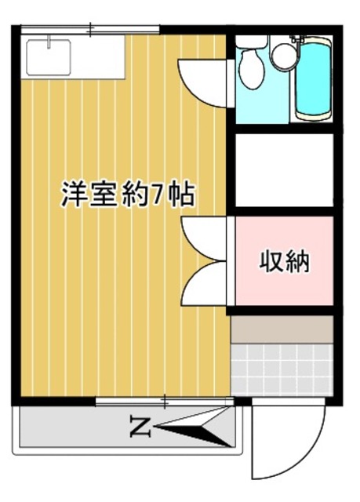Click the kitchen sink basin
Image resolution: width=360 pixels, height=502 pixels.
pyautogui.click(x=49, y=56)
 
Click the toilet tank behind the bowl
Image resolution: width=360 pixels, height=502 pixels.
pyautogui.click(x=251, y=42)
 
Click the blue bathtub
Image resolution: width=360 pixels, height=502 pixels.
pyautogui.click(x=316, y=78)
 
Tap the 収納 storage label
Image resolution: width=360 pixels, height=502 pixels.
pyautogui.click(x=285, y=261)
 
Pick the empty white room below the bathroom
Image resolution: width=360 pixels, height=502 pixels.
pyautogui.click(x=285, y=170)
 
